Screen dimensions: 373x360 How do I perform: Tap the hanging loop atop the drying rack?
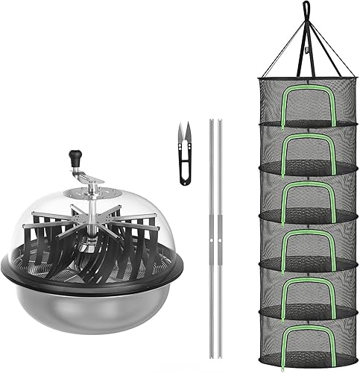point(306,9)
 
